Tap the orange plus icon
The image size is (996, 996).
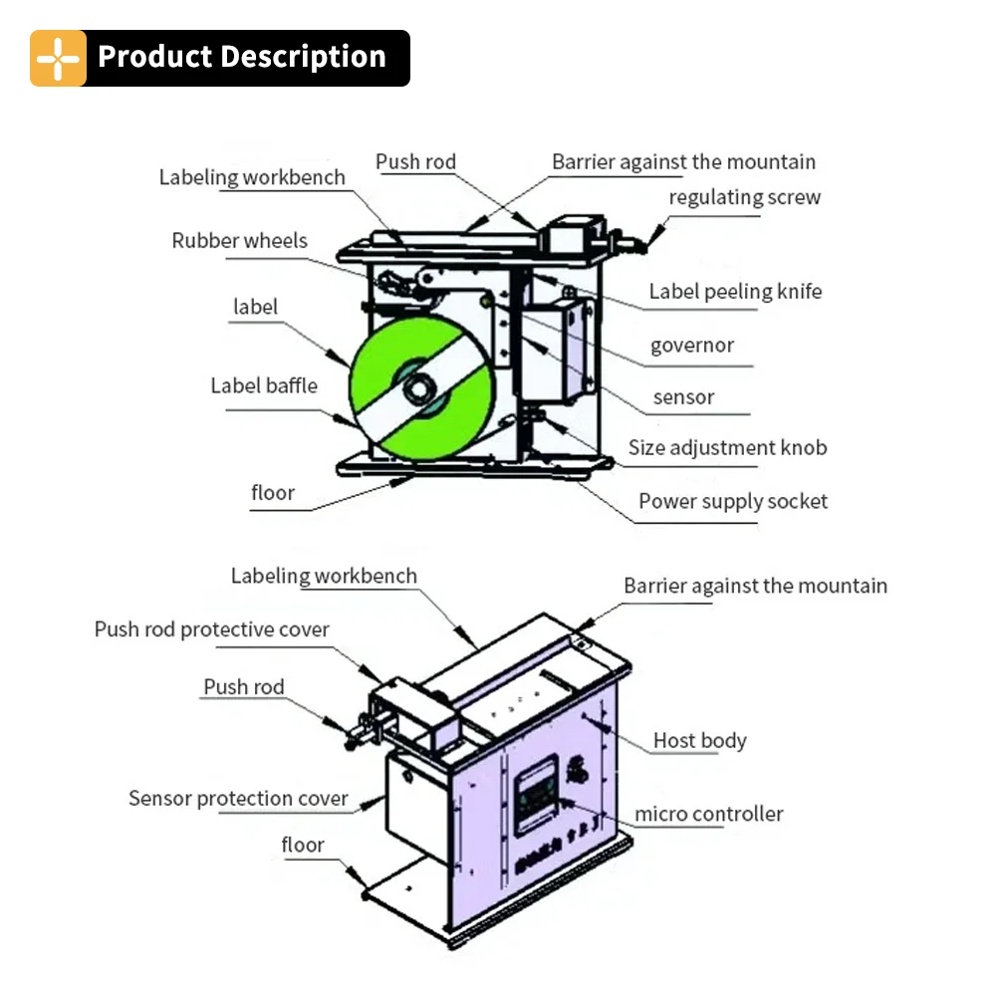pos(58,58)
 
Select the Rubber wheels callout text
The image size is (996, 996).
pos(239,241)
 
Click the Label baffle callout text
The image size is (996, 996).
pos(264,385)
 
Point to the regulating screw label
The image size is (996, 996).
pos(744,197)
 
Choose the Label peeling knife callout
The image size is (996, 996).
pos(735,292)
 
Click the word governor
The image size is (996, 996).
pos(691,346)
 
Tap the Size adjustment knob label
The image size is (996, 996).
pos(727,448)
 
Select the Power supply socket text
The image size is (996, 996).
pos(732,501)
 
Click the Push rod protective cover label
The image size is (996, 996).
pos(211,629)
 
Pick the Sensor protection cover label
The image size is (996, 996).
pos(238,799)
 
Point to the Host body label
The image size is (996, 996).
pos(699,741)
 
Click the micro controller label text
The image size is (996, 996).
pos(709,815)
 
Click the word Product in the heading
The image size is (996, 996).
pos(158,57)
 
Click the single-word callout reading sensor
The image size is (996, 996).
pos(683,397)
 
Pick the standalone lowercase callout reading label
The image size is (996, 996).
pos(255,307)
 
